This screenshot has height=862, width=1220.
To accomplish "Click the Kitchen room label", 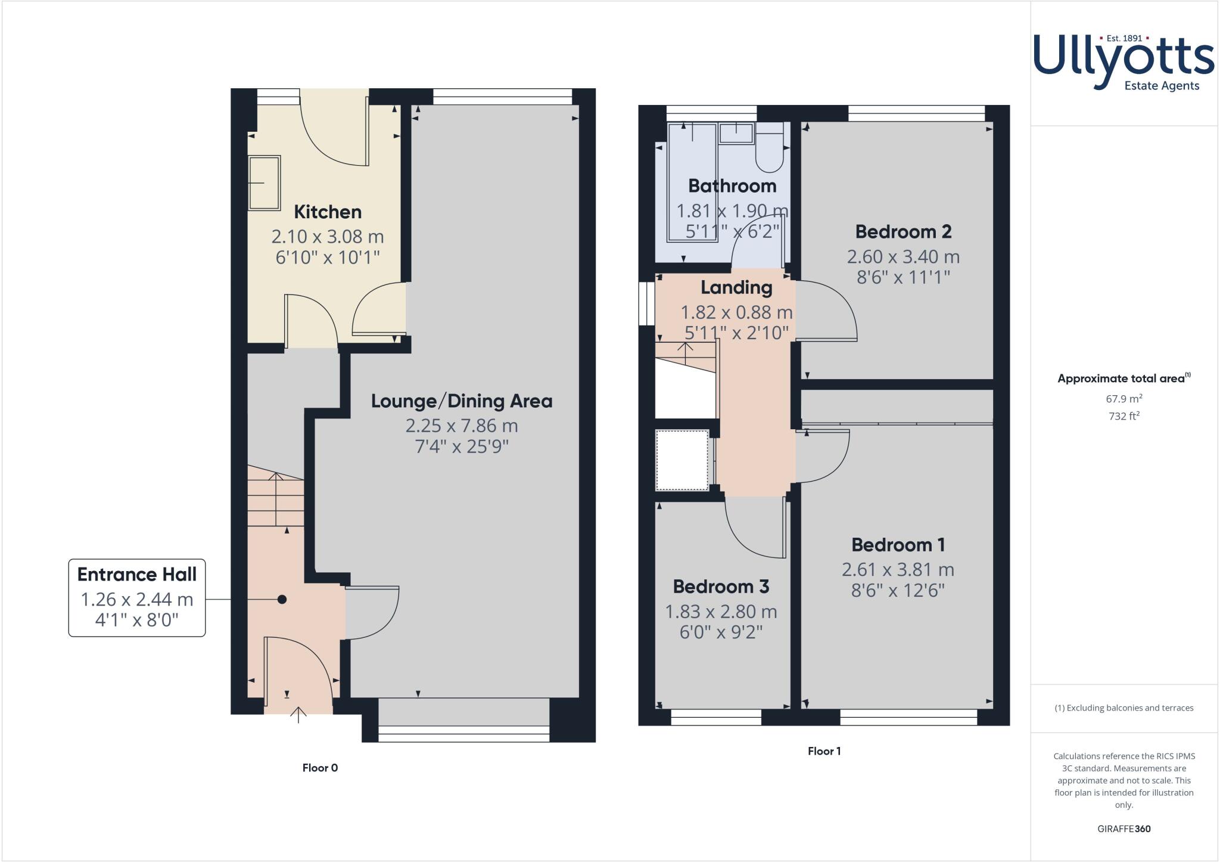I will click(x=328, y=212).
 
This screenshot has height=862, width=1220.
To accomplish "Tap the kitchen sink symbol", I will click(x=264, y=183).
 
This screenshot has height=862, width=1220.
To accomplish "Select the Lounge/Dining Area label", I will click(x=462, y=401).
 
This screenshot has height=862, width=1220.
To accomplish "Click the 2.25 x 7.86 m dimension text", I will click(x=462, y=426).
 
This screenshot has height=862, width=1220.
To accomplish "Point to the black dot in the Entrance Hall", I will click(x=282, y=599).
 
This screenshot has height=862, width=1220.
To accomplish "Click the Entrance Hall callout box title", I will click(x=137, y=575).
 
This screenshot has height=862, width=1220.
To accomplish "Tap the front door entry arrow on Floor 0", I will click(x=298, y=714).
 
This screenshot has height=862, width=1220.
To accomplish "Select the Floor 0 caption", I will click(x=320, y=768).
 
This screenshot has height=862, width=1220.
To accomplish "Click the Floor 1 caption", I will click(x=824, y=751).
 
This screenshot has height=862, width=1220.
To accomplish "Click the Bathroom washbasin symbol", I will click(x=736, y=133).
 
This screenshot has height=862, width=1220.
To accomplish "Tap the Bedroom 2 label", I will click(x=903, y=231).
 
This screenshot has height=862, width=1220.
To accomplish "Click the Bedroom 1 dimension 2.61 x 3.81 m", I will click(x=898, y=570).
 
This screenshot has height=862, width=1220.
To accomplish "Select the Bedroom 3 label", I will click(x=721, y=587).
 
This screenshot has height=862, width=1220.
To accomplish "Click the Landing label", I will click(x=736, y=287).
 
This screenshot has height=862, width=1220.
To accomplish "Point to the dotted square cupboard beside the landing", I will click(x=682, y=460).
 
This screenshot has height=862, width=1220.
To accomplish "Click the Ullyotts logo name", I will click(x=1123, y=60).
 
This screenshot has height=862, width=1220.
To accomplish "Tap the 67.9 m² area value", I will click(x=1123, y=398).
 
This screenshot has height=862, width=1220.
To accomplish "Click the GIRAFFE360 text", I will click(x=1123, y=829).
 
